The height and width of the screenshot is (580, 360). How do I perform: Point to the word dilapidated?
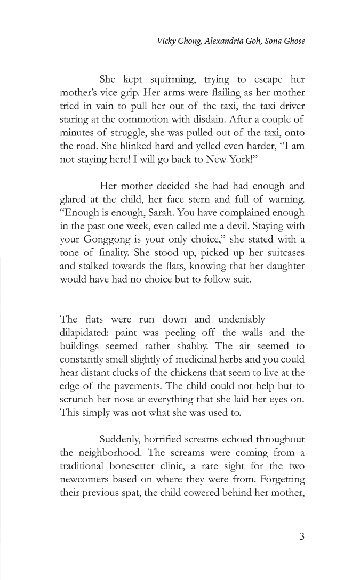point(84,333)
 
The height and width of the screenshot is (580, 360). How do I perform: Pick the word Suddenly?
point(121,439)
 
